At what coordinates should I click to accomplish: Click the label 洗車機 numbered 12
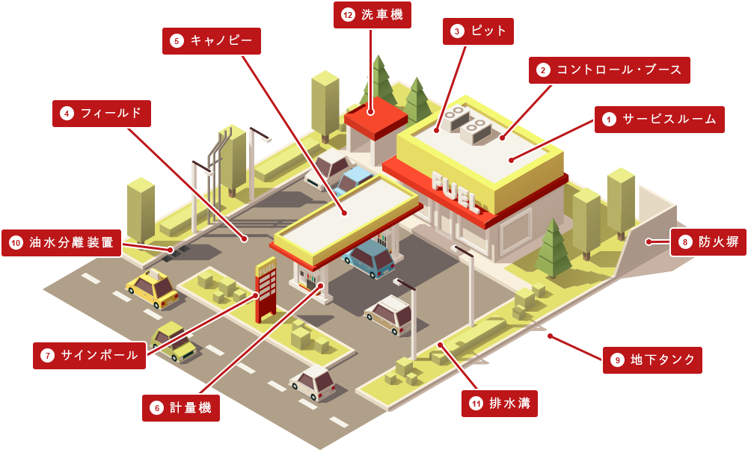372,15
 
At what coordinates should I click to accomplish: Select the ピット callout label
478,31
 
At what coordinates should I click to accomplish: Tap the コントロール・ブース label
609,70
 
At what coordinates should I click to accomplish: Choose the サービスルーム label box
659,119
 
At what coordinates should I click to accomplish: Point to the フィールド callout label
102,114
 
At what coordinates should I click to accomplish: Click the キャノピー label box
212,41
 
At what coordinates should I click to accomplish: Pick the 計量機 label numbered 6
181,408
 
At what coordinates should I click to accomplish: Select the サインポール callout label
89,355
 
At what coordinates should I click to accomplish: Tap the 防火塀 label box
708,242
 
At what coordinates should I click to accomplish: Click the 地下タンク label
652,360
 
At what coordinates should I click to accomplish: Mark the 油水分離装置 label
61,243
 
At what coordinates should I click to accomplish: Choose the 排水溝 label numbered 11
500,404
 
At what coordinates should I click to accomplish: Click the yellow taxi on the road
152,288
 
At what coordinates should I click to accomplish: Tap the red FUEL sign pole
266,290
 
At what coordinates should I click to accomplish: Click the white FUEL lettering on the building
455,191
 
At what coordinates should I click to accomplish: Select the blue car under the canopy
369,258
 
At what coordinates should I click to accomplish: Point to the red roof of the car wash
375,117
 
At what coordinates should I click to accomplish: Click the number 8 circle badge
685,242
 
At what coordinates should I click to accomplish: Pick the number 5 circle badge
177,41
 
